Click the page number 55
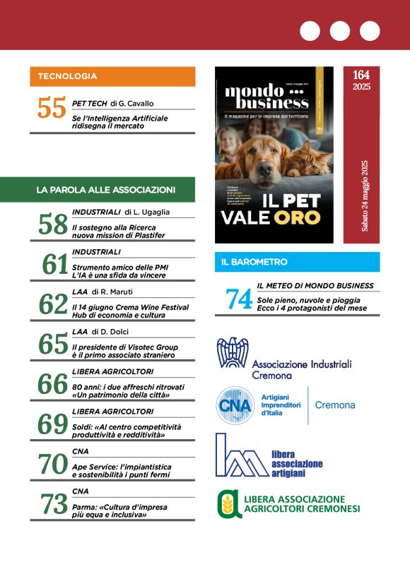tap(52, 109)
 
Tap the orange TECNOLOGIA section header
tap(112, 76)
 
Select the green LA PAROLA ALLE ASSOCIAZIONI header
tap(112, 189)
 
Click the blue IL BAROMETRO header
tap(297, 262)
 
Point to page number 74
tap(239, 299)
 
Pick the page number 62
tap(53, 305)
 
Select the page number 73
tap(53, 503)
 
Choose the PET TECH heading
tap(89, 103)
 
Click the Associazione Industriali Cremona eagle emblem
tap(232, 353)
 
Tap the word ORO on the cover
tap(298, 217)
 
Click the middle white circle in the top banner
tap(339, 31)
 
